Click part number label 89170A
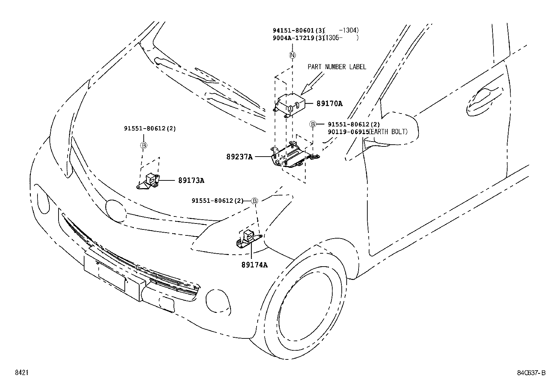tap(329, 103)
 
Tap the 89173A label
tap(191, 180)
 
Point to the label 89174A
tap(254, 265)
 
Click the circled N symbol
tap(292, 55)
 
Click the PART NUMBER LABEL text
tap(337, 67)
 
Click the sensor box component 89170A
tap(291, 104)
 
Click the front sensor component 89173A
tap(150, 180)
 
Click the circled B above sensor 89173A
tap(143, 145)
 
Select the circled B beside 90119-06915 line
tap(313, 124)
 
